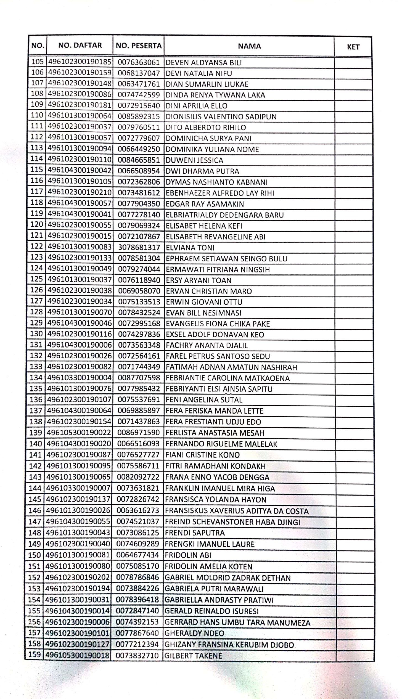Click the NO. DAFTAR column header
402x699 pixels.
point(80,45)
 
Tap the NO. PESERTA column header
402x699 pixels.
point(138,46)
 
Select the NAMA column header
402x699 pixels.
point(249,46)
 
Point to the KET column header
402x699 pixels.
point(353,47)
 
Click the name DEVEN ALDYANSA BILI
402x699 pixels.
point(204,63)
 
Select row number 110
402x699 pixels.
point(37,115)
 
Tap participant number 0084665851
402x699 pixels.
point(139,160)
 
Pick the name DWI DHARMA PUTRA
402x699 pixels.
point(202,171)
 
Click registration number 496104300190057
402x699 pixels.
point(80,203)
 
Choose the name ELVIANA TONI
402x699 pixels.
point(190,248)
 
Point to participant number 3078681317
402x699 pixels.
point(139,248)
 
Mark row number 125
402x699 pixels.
point(36,279)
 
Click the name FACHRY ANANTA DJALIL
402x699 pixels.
point(207,345)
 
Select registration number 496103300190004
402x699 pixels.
point(79,377)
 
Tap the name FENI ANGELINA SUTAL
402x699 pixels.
point(204,400)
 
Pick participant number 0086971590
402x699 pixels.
point(138,433)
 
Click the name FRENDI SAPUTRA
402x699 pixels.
point(195,533)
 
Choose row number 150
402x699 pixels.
point(35,555)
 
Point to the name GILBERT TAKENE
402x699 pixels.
point(193,656)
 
